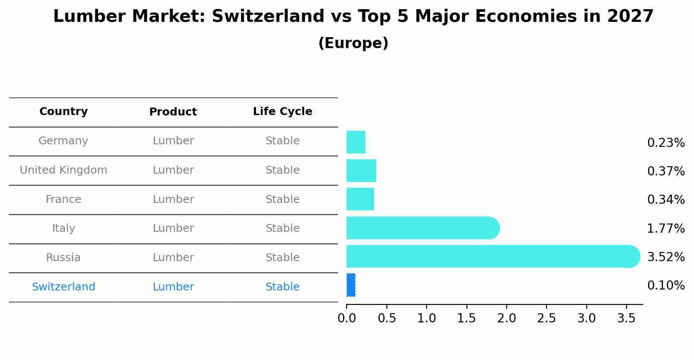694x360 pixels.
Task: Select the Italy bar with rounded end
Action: [x=422, y=228]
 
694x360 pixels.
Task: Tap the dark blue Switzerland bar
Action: [x=351, y=285]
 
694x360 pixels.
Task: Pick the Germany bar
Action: [x=356, y=142]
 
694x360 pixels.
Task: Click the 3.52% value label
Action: [x=666, y=257]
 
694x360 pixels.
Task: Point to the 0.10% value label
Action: [x=666, y=286]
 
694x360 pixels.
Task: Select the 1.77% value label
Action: [x=666, y=228]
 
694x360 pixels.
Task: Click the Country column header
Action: [x=63, y=112]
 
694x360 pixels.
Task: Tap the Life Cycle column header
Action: [x=282, y=112]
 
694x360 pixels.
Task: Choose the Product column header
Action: [x=173, y=112]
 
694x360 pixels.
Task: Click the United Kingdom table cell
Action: [x=63, y=170]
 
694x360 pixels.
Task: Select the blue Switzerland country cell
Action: [x=63, y=287]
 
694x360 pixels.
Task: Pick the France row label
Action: [x=63, y=199]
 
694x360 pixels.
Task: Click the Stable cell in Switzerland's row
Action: [x=282, y=287]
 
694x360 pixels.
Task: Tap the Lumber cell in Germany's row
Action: [x=173, y=141]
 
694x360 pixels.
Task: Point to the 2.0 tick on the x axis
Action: [x=506, y=318]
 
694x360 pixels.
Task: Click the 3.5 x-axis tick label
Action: [x=626, y=318]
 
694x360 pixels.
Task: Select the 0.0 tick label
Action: [x=347, y=318]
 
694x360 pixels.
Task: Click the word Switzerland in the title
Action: [x=268, y=17]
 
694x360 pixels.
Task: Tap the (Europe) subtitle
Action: [x=353, y=43]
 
